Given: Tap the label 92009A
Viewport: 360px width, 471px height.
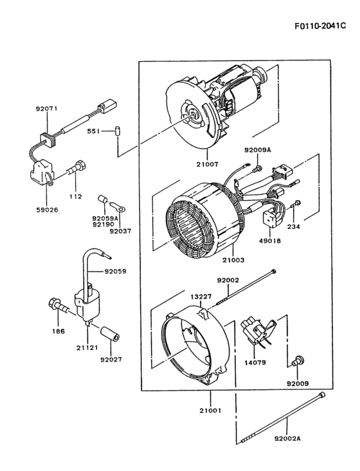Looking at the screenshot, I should [x=258, y=149].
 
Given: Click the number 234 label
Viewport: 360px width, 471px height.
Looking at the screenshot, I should [x=294, y=226].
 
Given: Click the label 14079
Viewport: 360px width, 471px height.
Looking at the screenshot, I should [x=256, y=362].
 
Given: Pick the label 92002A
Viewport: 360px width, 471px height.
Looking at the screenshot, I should [x=287, y=439].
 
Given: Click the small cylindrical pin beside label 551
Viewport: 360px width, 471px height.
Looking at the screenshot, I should [x=118, y=131].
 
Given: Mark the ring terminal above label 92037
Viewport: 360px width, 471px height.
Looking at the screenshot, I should [x=118, y=207].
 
